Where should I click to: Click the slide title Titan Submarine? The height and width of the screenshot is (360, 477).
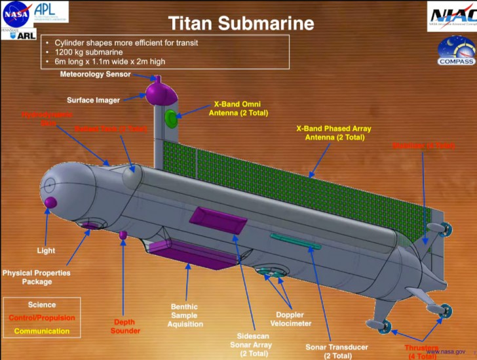241,24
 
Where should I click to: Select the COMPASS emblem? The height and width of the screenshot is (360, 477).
455,51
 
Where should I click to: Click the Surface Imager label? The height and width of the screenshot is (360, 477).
93,100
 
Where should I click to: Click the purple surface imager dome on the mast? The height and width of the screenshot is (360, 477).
161,92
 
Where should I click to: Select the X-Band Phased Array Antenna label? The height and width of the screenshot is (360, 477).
334,133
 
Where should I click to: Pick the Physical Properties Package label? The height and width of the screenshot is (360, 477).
36,277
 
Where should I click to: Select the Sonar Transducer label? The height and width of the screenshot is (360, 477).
337,351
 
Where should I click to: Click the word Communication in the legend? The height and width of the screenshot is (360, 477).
41,331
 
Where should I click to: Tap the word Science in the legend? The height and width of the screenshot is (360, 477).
41,305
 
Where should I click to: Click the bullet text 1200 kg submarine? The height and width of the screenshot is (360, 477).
88,52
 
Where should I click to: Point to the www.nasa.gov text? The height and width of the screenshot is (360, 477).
448,352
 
